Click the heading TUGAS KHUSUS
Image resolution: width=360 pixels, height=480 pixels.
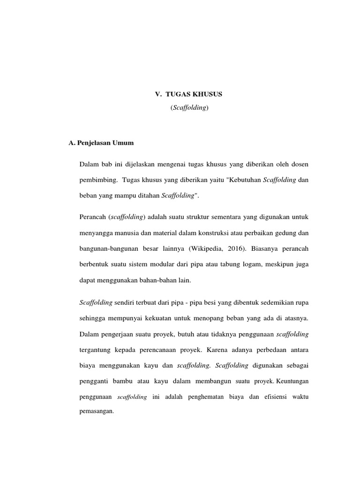click(x=194, y=94)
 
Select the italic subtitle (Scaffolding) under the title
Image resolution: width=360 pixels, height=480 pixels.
click(x=189, y=108)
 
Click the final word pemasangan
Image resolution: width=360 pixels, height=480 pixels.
click(x=97, y=413)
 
